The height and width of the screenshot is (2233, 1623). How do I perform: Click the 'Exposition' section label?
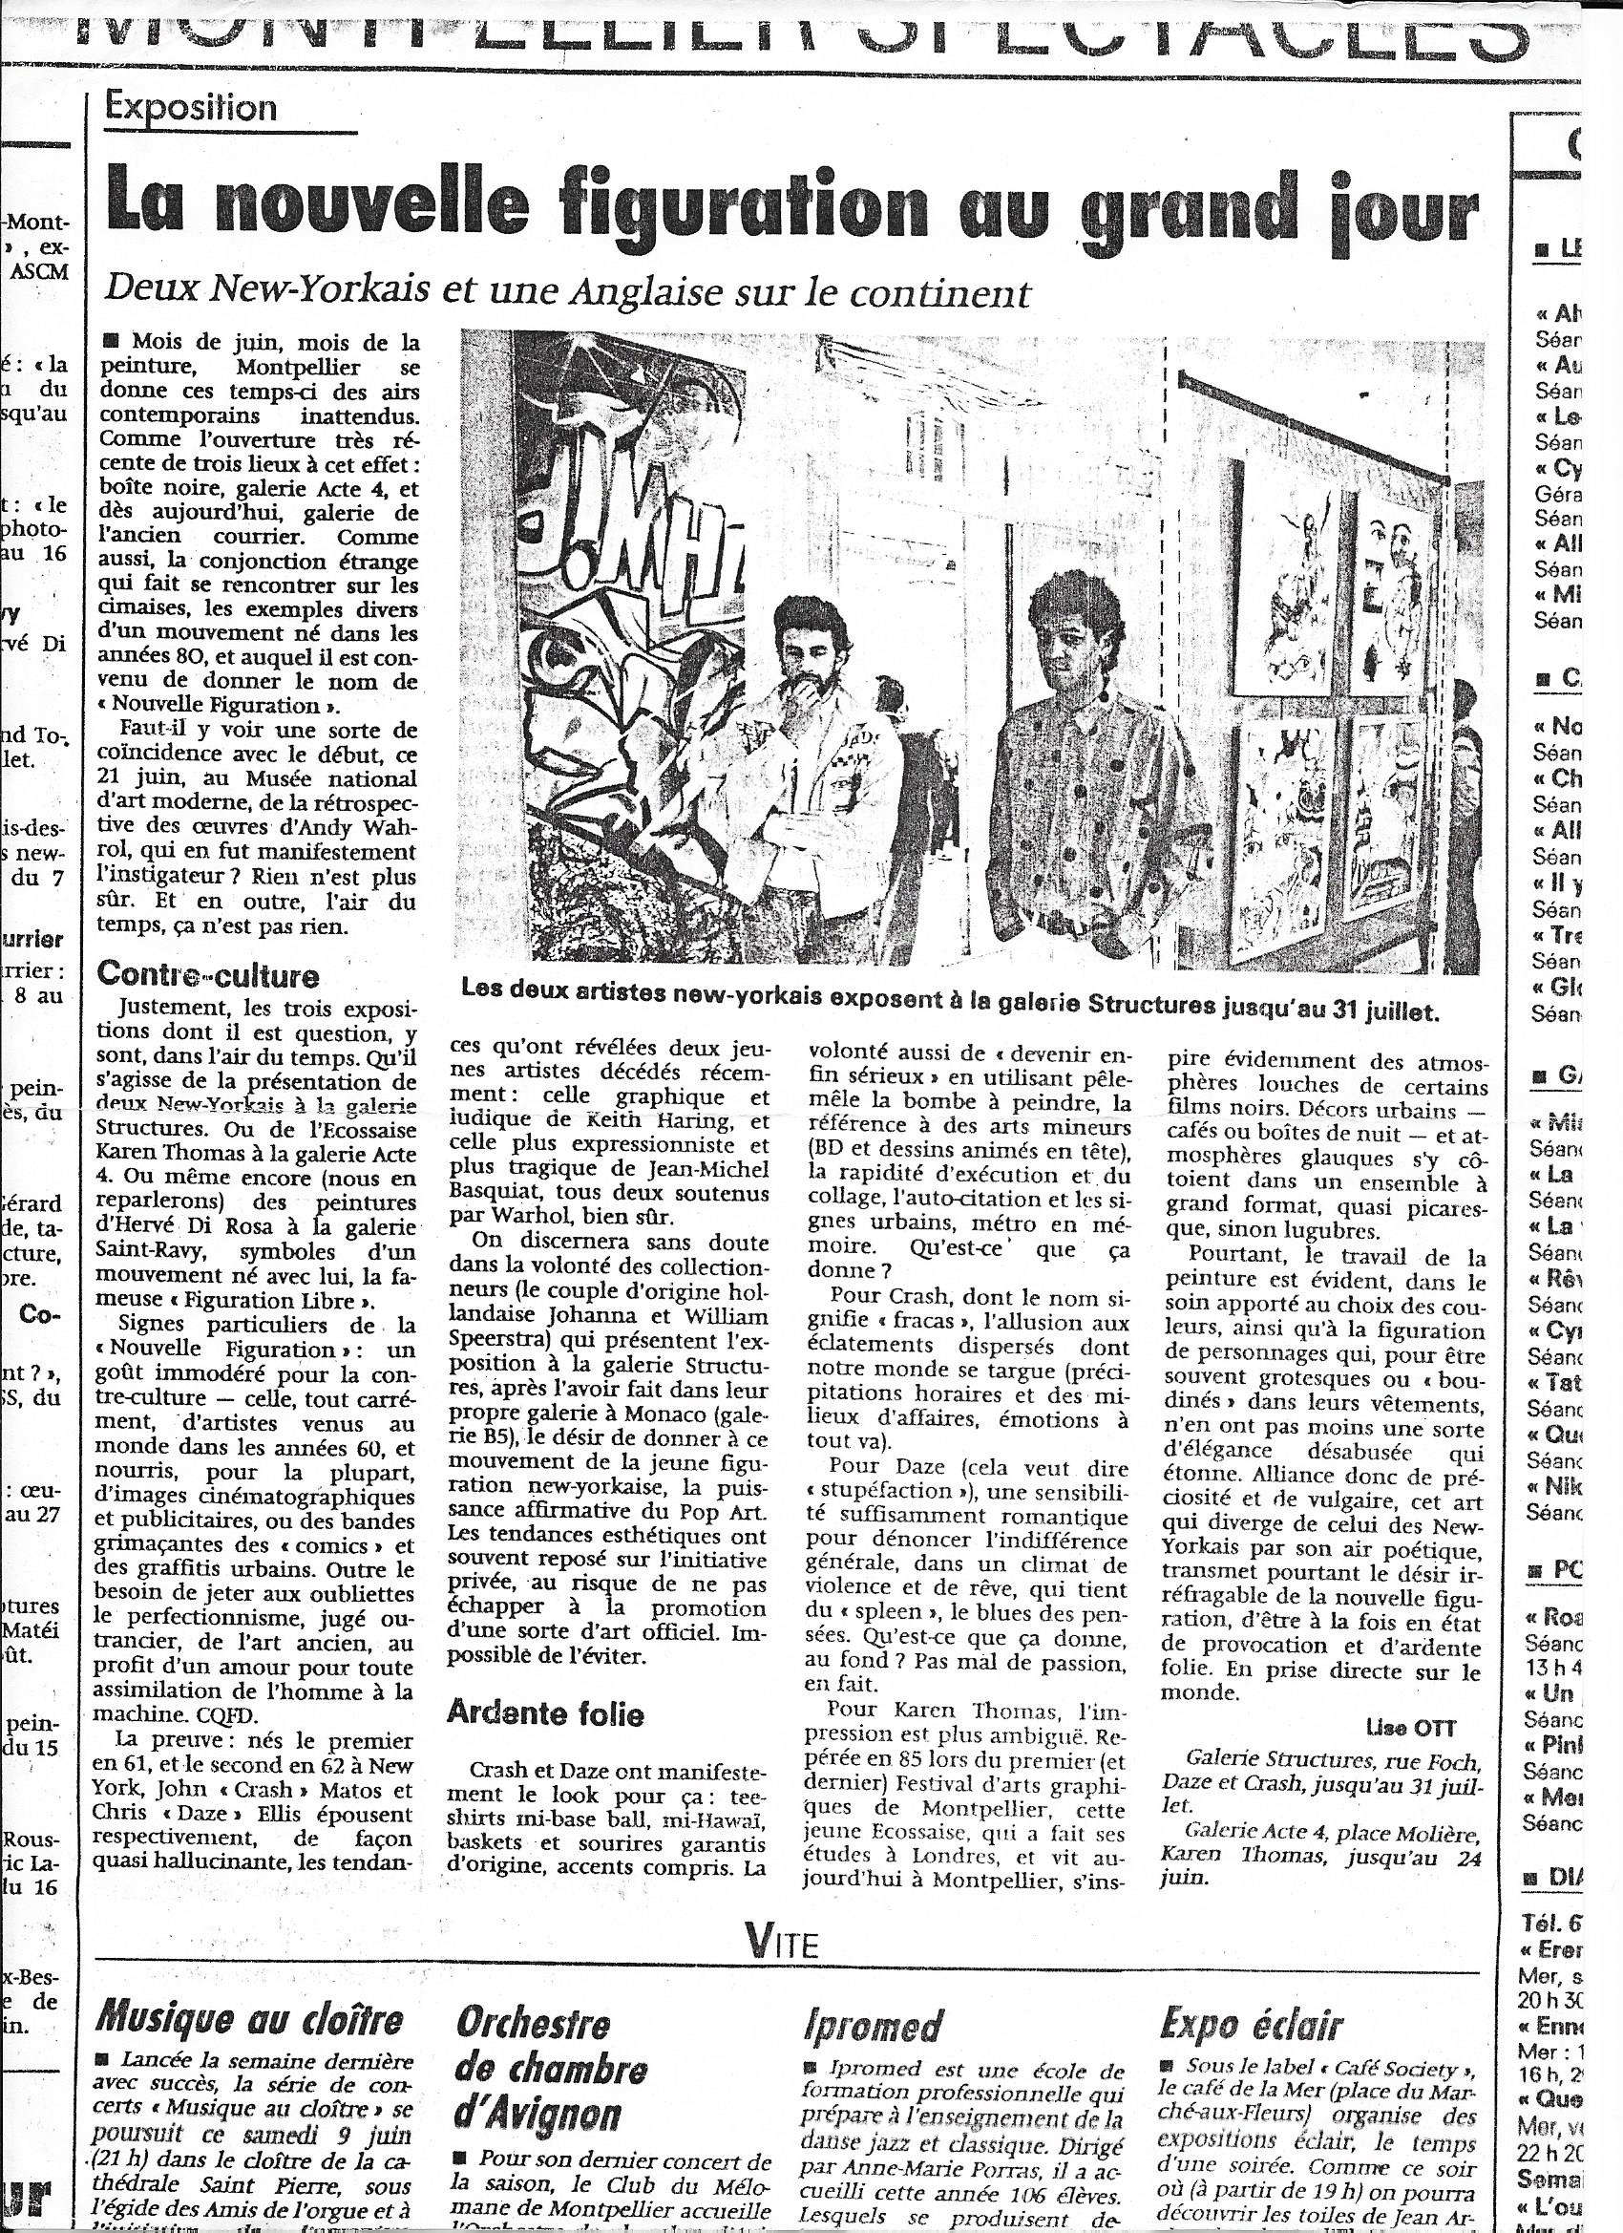click(x=192, y=106)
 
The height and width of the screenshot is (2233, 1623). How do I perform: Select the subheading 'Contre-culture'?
click(x=209, y=975)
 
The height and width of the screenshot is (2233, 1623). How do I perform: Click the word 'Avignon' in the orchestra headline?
click(x=538, y=2108)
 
